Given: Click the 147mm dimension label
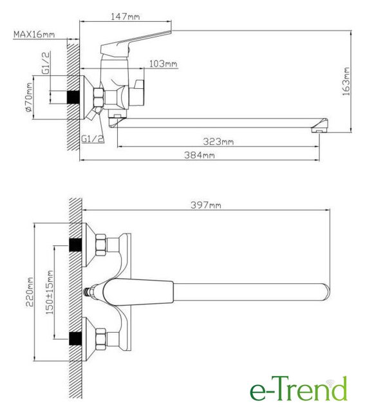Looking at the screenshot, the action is point(125,17).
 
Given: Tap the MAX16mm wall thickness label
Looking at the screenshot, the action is point(34,34).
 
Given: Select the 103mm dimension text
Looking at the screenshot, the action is point(163,64).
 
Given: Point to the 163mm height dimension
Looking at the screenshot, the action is point(346,82).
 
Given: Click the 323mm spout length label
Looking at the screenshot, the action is point(218,142).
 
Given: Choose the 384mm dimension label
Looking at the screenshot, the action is point(200,155).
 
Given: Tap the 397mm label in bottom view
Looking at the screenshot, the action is point(206,205).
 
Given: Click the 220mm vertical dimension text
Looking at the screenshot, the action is point(30,292).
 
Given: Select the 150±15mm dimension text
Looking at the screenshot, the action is point(50,292).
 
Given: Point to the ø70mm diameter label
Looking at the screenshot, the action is point(29,97).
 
